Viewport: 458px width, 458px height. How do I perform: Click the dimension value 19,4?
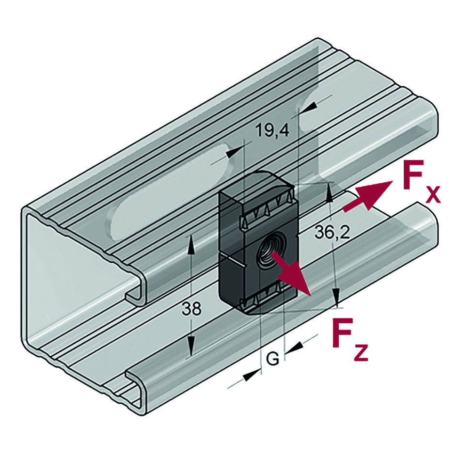[272, 130]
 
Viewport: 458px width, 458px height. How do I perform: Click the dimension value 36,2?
[332, 233]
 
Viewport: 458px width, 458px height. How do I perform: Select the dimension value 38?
[191, 309]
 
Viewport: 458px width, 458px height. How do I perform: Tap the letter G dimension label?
[273, 359]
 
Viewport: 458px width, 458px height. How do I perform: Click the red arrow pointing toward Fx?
[368, 196]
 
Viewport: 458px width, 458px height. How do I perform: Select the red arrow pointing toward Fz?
[291, 275]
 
